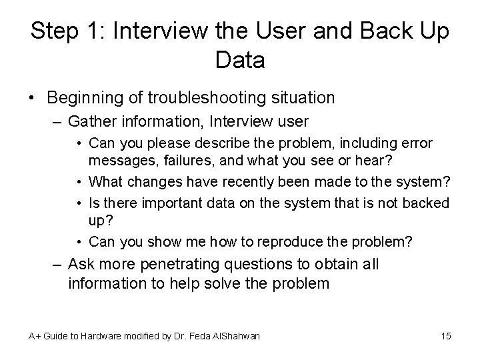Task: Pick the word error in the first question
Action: (x=419, y=143)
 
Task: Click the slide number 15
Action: (x=446, y=336)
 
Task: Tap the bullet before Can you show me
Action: (x=79, y=241)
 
